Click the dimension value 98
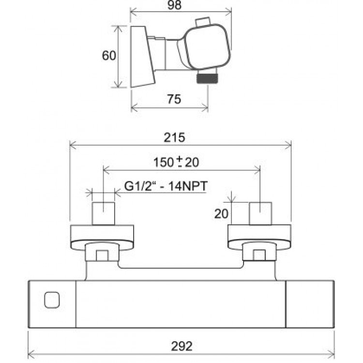174,5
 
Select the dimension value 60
109,56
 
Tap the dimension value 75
174,99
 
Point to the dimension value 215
174,137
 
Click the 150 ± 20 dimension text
176,162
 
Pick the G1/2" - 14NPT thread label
166,186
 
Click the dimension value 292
181,347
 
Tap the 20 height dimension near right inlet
221,213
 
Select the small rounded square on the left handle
52,300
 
